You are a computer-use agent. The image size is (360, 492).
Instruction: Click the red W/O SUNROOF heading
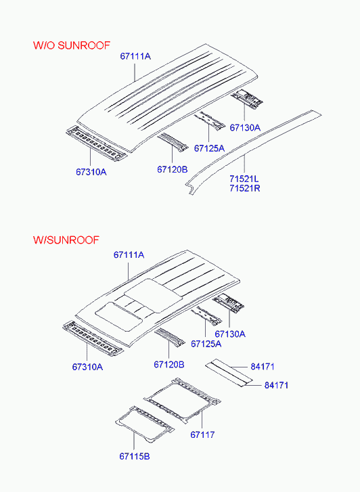pos(72,45)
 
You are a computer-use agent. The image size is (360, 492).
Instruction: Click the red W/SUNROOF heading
pos(66,240)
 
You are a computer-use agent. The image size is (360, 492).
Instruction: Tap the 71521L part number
pos(244,179)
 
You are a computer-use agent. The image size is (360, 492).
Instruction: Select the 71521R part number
pos(245,189)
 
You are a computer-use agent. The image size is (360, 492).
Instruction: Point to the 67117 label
pos(202,434)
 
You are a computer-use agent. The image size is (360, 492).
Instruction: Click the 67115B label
pos(135,456)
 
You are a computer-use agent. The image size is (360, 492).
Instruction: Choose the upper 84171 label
pos(263,367)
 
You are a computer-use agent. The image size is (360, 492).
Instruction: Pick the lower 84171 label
pos(276,385)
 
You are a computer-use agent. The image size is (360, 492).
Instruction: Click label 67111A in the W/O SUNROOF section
pos(135,56)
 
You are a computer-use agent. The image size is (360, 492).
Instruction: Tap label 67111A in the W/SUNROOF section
pos(129,254)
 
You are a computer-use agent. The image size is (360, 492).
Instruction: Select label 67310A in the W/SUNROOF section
pos(87,367)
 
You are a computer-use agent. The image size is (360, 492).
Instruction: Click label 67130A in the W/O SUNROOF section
pos(245,128)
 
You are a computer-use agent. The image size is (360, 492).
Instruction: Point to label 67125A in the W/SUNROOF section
pos(206,344)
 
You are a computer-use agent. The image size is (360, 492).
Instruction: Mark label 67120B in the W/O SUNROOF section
pos(173,169)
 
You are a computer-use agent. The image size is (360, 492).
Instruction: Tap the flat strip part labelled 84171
pos(229,373)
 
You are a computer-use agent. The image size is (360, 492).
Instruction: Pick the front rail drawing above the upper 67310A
pos(97,143)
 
